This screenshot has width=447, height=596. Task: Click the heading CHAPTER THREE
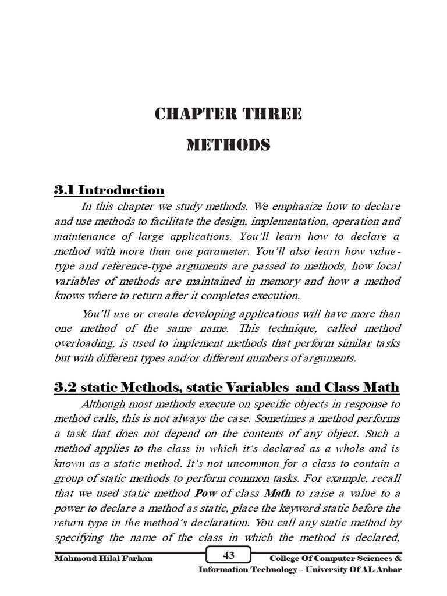tap(228, 114)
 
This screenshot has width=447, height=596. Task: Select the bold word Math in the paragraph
tap(278, 492)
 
